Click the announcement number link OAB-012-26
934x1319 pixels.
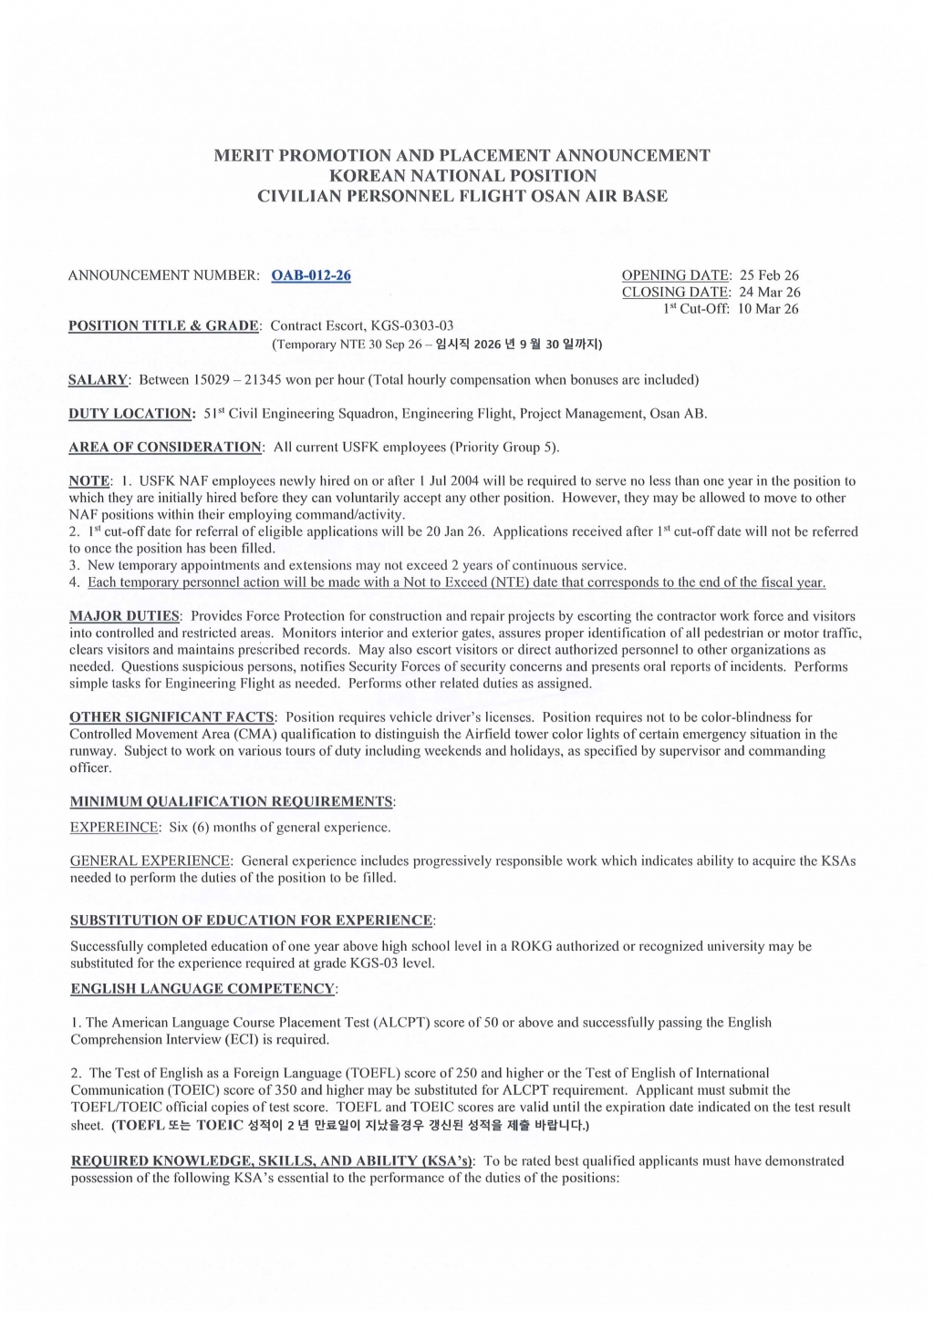click(311, 275)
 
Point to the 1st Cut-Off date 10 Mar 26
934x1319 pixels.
click(768, 309)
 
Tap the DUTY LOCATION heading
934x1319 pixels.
click(131, 413)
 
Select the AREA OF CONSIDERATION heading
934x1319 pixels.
click(165, 447)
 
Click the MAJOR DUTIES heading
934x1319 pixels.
click(124, 616)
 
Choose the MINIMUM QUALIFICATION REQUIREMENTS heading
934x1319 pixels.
click(232, 801)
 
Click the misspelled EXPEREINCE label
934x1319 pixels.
click(114, 828)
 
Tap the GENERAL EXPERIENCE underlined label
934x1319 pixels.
click(150, 860)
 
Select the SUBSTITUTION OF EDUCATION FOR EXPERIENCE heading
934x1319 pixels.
click(252, 920)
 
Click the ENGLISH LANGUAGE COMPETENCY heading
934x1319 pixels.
click(202, 988)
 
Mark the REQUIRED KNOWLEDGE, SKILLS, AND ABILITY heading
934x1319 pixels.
click(272, 1160)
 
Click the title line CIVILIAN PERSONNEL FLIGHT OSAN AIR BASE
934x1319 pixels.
click(462, 196)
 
